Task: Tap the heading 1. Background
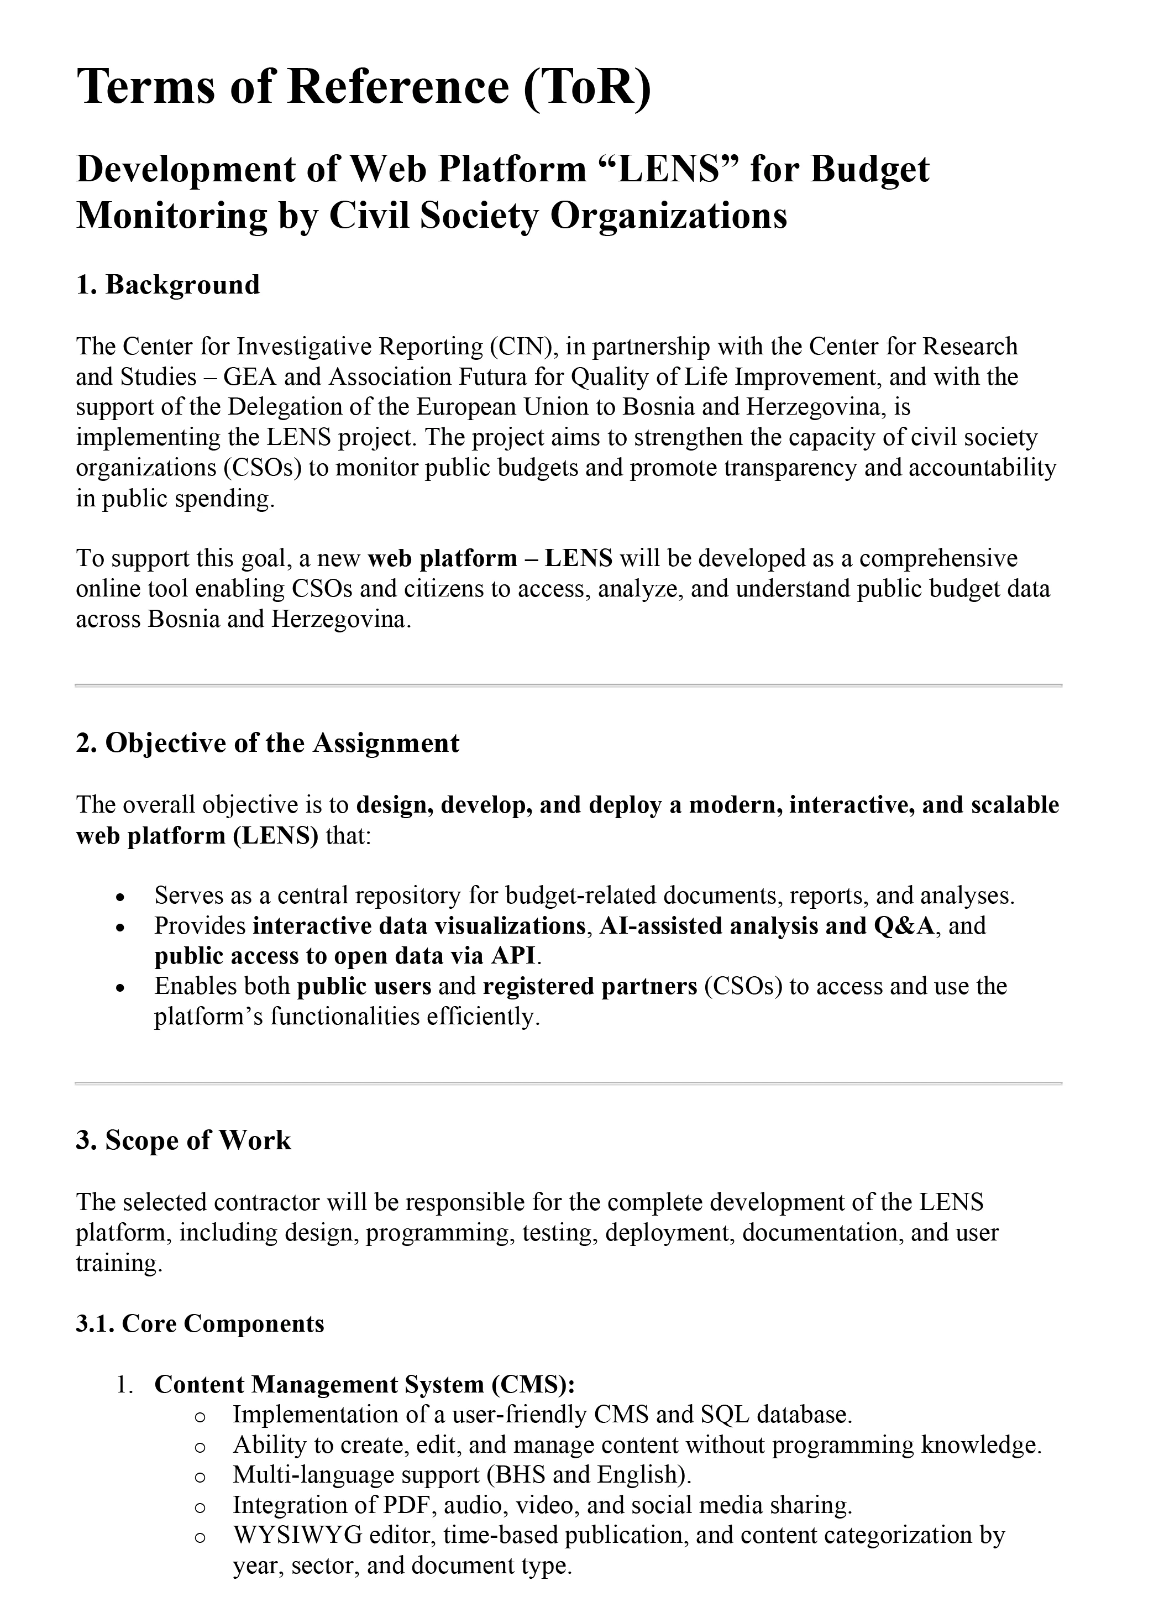tap(167, 285)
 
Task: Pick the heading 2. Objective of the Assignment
tap(267, 743)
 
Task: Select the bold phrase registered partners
tap(590, 987)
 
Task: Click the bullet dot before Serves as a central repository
tap(121, 897)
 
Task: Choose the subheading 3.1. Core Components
tap(200, 1324)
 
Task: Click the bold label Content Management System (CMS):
tap(364, 1384)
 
